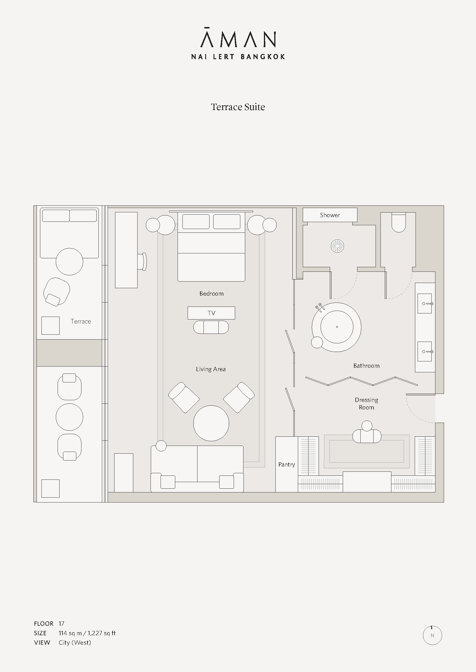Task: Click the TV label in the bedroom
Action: point(211,313)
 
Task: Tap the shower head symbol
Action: point(337,246)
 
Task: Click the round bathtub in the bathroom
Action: point(336,327)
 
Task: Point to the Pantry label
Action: point(287,465)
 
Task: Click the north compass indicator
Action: point(432,635)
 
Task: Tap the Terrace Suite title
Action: point(238,107)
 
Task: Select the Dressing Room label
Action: point(366,403)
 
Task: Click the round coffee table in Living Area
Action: point(211,423)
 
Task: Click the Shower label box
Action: point(330,215)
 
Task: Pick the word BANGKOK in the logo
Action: point(263,57)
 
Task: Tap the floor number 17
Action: point(61,623)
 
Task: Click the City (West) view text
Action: point(75,642)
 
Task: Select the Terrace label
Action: point(81,321)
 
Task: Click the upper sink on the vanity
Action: point(425,303)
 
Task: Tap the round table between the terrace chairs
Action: point(69,417)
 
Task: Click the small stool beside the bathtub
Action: point(317,342)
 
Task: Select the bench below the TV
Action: point(211,327)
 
